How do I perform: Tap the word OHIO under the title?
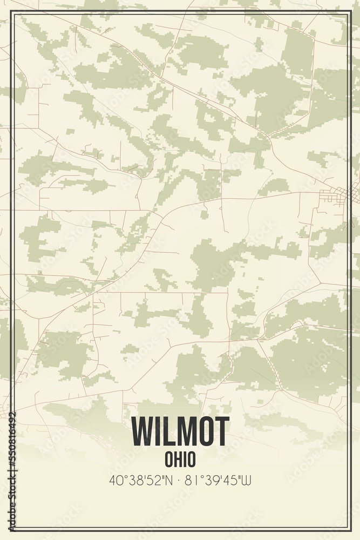point(180,460)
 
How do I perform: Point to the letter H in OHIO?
point(176,460)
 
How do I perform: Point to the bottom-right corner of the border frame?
point(347,529)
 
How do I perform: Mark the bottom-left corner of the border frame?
point(13,529)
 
